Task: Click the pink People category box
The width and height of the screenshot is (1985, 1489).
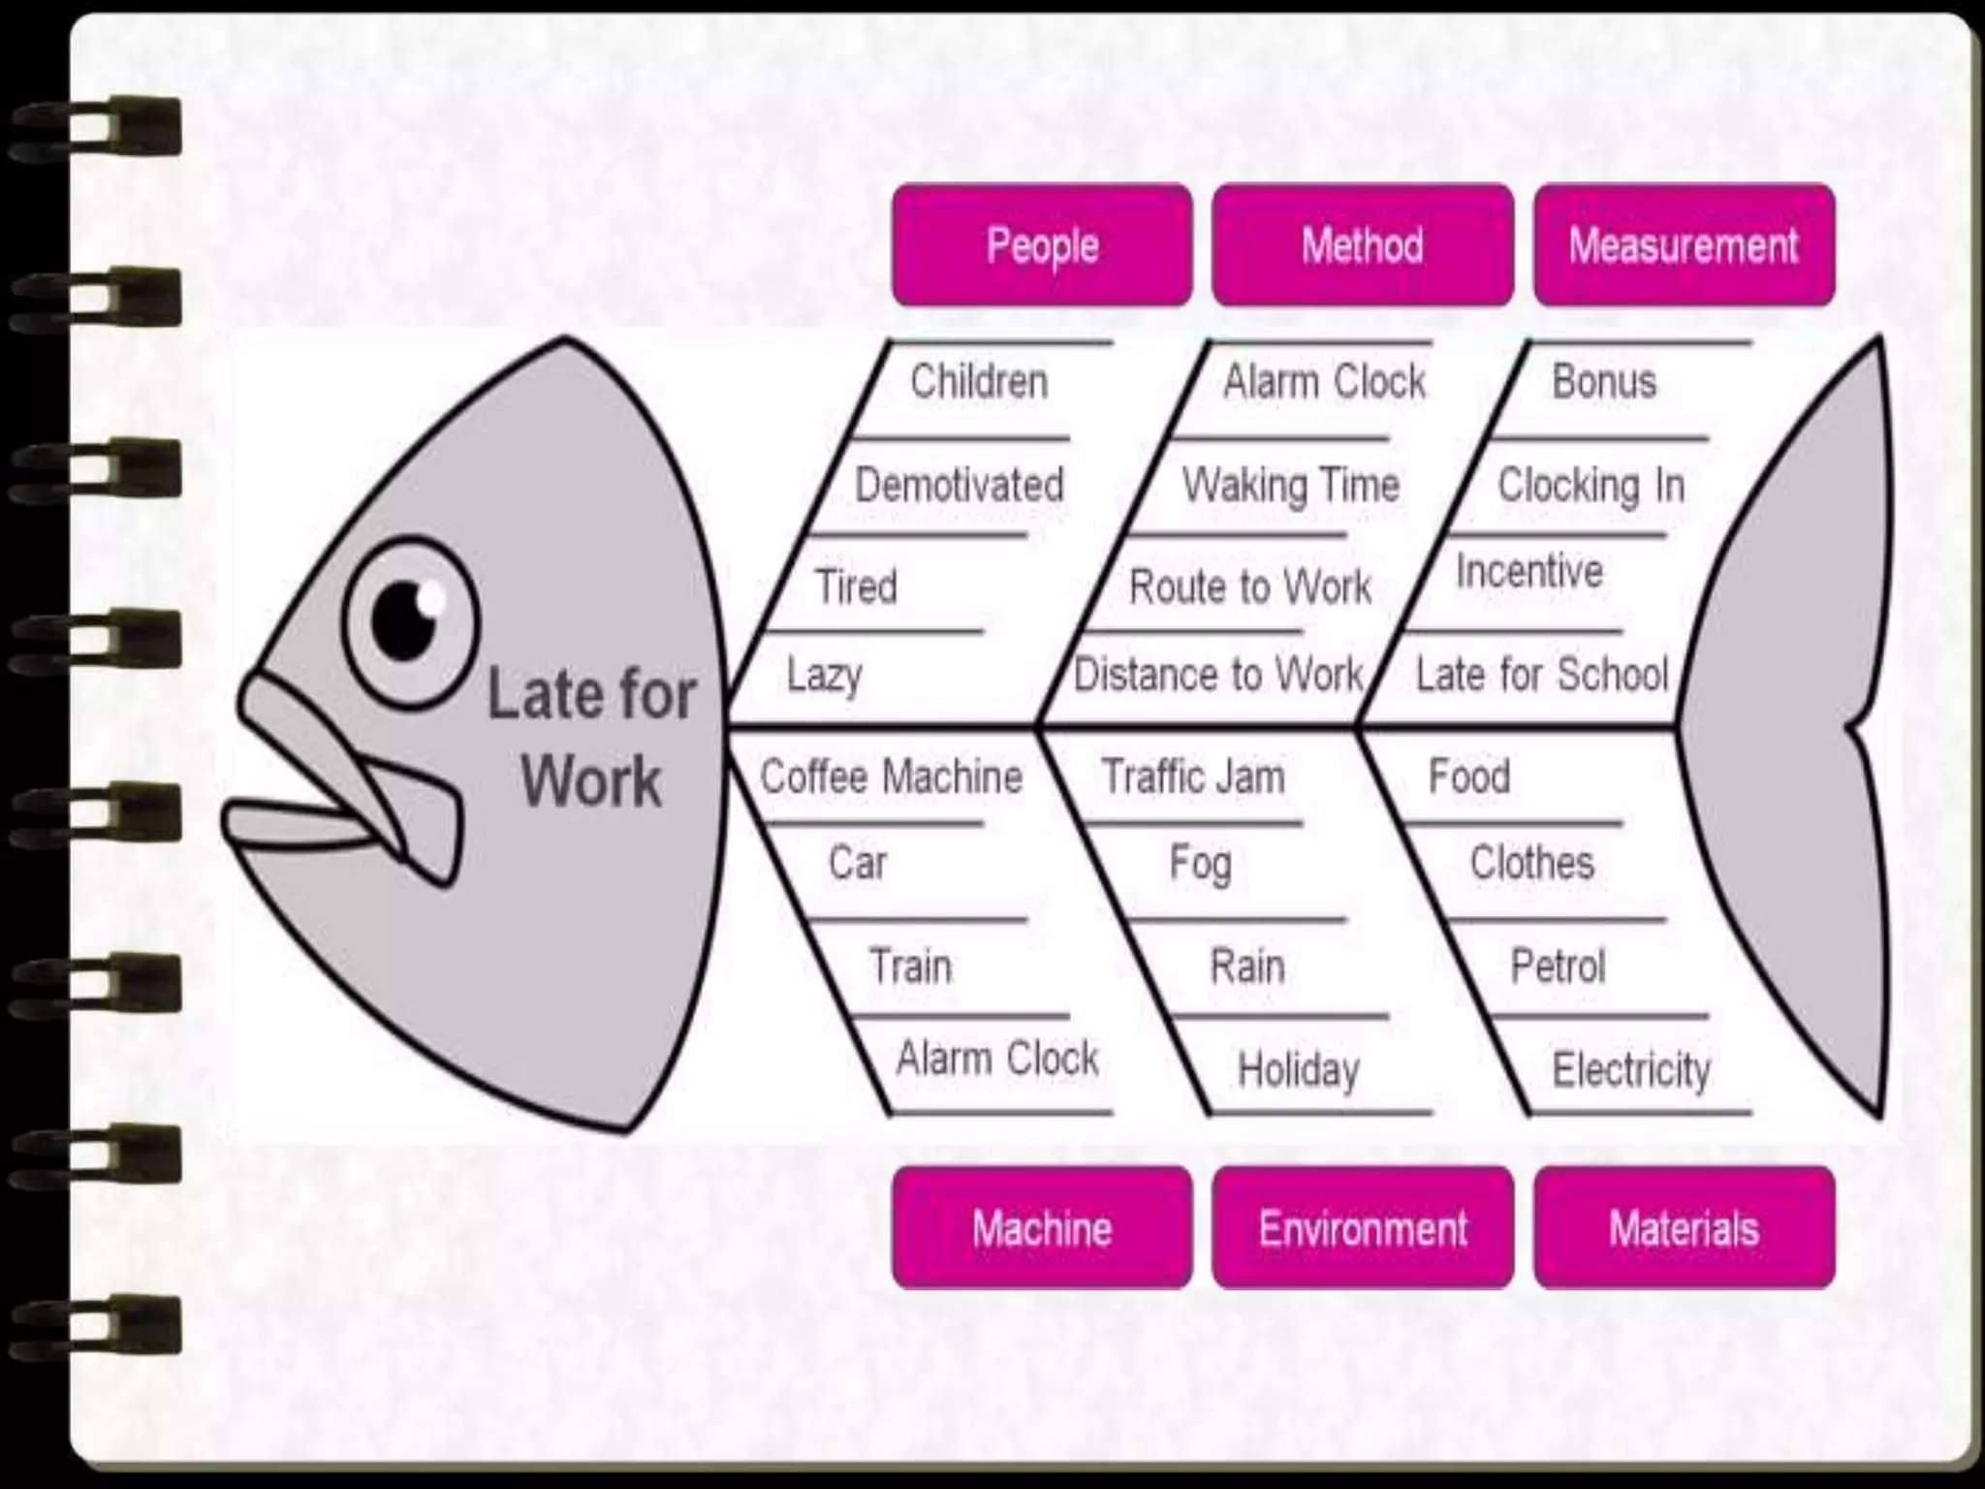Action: pos(1042,245)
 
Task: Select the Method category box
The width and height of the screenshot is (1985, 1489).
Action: pos(1362,245)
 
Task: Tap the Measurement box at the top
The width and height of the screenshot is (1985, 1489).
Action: pos(1684,245)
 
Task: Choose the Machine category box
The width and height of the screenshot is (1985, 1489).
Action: pos(1042,1228)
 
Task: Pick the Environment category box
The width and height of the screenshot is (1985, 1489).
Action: pos(1362,1228)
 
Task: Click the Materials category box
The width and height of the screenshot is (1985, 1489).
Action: pos(1684,1228)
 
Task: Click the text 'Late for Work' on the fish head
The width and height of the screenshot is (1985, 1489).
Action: pos(591,737)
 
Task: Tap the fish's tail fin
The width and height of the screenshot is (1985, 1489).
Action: pos(1793,727)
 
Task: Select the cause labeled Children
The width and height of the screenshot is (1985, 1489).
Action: pos(979,381)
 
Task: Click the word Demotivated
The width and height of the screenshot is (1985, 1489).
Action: pos(959,485)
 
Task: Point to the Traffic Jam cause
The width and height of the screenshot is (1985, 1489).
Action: pos(1193,776)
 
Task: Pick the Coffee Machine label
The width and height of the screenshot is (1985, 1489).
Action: pos(891,776)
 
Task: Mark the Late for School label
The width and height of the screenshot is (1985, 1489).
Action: pos(1541,674)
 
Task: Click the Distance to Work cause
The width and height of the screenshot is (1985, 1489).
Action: pos(1218,674)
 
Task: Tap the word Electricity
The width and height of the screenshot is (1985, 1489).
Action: pos(1631,1069)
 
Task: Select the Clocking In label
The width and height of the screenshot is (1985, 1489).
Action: pos(1591,485)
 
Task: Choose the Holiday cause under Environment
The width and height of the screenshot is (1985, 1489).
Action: pos(1299,1069)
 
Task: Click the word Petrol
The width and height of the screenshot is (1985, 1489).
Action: pos(1558,966)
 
